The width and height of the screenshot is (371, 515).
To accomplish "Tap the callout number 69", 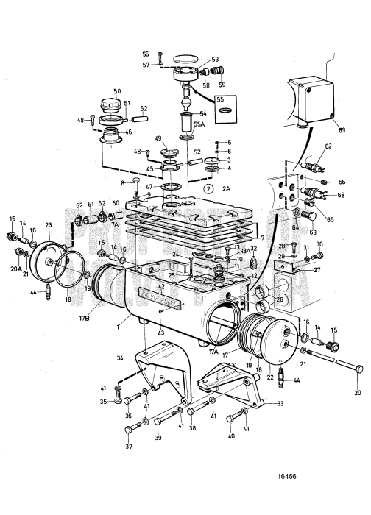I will coord(339,130).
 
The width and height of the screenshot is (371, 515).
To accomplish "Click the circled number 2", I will coord(209,188).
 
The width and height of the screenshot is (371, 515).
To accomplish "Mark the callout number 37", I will coord(130,447).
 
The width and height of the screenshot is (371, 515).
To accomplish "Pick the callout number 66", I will coord(341,181).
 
